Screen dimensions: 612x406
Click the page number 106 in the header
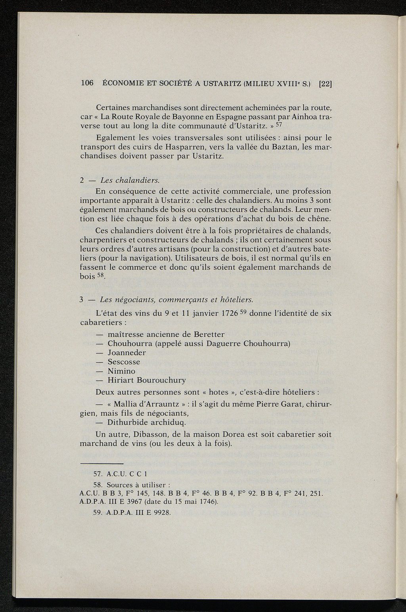tap(87, 83)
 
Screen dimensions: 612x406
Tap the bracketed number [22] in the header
tap(325, 84)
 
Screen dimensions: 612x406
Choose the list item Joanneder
tap(127, 352)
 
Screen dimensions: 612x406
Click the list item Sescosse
tap(124, 361)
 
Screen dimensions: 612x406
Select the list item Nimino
tap(121, 371)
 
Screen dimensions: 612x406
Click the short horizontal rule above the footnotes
tap(101, 463)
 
